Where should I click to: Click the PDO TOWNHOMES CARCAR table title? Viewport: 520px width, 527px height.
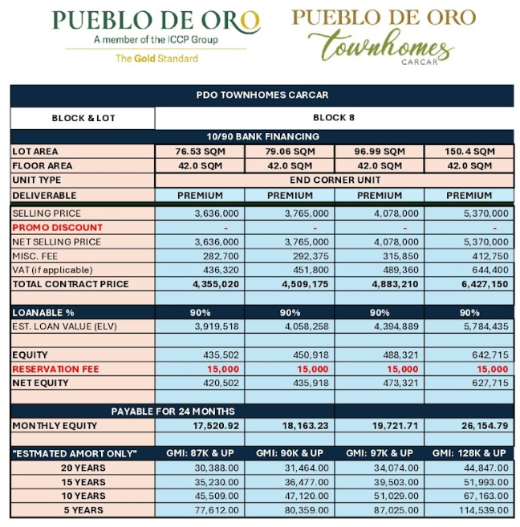pyautogui.click(x=262, y=95)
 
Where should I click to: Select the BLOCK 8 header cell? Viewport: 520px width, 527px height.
pyautogui.click(x=334, y=117)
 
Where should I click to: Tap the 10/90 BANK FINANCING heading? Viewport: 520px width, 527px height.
pyautogui.click(x=262, y=136)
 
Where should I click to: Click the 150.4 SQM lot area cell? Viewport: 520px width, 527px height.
pyautogui.click(x=469, y=151)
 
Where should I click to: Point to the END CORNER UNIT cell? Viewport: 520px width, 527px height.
pyautogui.click(x=334, y=180)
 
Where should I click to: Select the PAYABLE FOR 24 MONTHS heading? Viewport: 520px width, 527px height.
pyautogui.click(x=172, y=411)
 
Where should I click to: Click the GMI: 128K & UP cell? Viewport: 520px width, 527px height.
pyautogui.click(x=469, y=454)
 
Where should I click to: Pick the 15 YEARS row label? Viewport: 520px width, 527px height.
pyautogui.click(x=83, y=482)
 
